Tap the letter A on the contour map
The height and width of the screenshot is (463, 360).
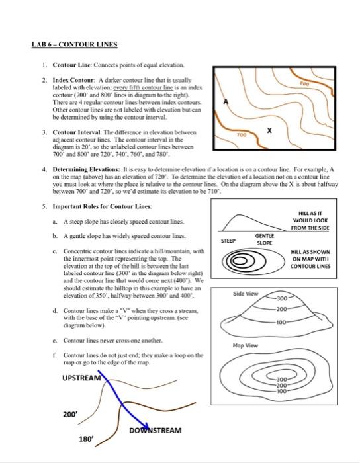[x=226, y=102]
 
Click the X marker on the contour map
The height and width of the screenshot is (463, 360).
[x=269, y=131]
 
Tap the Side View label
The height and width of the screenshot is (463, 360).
[x=246, y=294]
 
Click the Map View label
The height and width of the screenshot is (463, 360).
[x=246, y=345]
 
